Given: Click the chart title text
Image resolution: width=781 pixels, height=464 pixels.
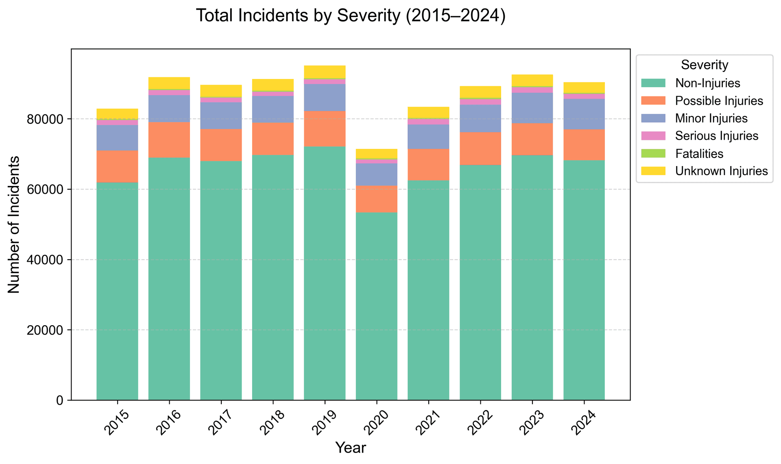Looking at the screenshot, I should point(351,16).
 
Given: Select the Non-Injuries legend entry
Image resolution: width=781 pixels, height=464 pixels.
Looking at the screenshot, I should point(707,83).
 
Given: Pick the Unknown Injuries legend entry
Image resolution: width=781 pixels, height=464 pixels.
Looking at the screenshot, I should point(721,171).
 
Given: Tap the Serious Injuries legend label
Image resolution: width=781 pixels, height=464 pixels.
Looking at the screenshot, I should point(716,136).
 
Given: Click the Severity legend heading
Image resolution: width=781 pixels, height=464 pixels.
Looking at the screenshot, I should point(704,65).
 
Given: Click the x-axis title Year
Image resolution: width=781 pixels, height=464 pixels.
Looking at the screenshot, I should point(351,448).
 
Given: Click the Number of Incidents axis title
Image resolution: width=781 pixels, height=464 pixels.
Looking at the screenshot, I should point(14,224).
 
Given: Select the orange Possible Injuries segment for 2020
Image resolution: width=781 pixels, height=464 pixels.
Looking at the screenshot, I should point(376,199).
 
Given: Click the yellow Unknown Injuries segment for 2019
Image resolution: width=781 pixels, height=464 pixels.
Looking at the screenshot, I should point(325,72).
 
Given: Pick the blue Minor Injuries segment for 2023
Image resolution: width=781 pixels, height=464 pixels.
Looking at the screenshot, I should point(532,108).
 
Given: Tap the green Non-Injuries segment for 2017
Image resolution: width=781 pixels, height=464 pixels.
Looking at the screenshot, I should point(221,281).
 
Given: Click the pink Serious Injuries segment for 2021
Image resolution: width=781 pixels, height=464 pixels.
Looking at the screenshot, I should point(428,122).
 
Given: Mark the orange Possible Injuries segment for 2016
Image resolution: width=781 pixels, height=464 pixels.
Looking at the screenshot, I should point(169,140).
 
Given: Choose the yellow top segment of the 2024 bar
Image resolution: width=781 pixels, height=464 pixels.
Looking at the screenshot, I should point(584,88).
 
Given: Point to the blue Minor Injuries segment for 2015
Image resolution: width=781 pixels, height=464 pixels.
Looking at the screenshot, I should point(117,138).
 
